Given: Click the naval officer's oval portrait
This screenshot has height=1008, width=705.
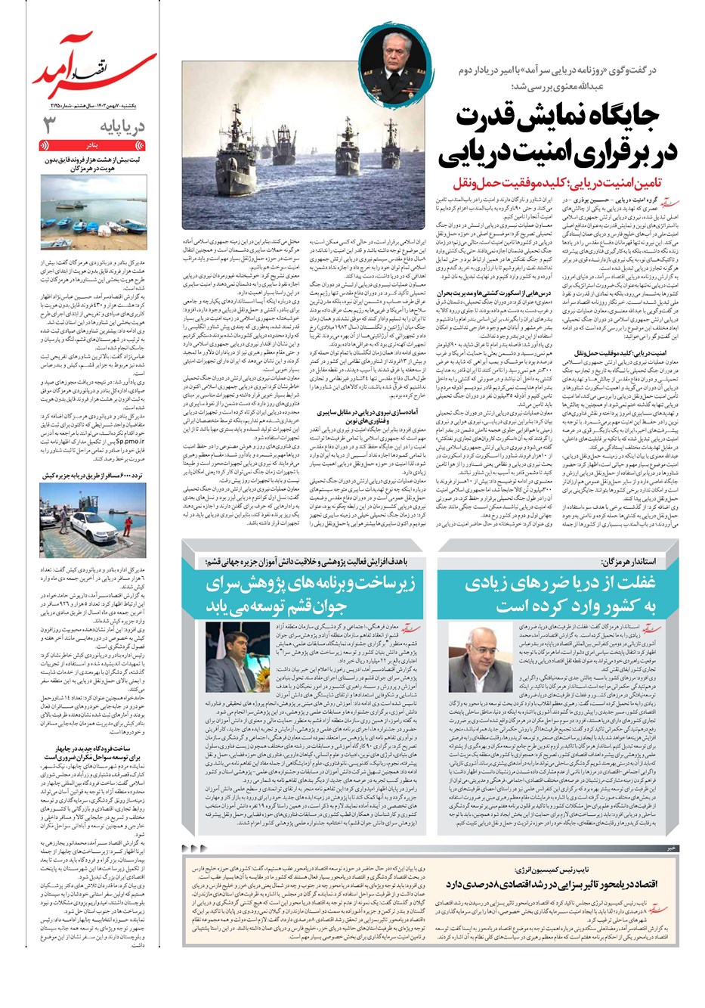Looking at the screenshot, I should point(394,54).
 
